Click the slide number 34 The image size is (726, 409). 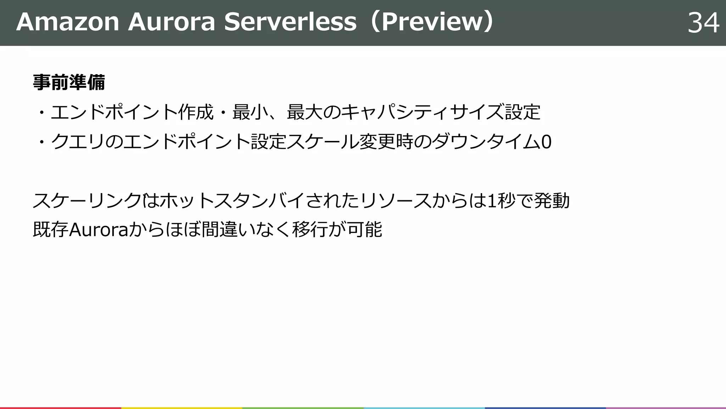(703, 23)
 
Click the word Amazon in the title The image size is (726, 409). (67, 22)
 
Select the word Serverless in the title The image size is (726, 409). (290, 22)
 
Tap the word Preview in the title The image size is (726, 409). (431, 22)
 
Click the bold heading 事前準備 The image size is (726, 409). (69, 82)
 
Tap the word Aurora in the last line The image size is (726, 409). (98, 230)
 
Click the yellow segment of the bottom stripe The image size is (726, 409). (181, 408)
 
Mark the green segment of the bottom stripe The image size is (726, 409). (303, 408)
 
